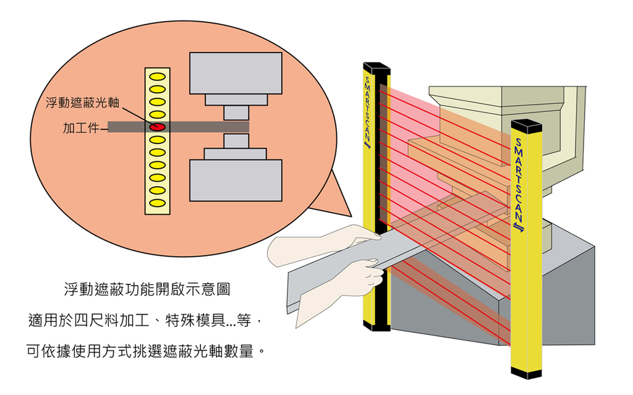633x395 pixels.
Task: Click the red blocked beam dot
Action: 158,127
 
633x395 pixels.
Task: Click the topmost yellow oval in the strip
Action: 158,77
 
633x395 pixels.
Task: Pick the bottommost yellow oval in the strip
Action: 158,202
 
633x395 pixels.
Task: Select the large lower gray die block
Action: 236,181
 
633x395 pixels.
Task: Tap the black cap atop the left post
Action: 376,67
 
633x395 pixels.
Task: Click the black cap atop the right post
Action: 526,127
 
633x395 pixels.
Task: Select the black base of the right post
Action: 526,372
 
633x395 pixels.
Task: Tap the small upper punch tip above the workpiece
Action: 236,113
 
